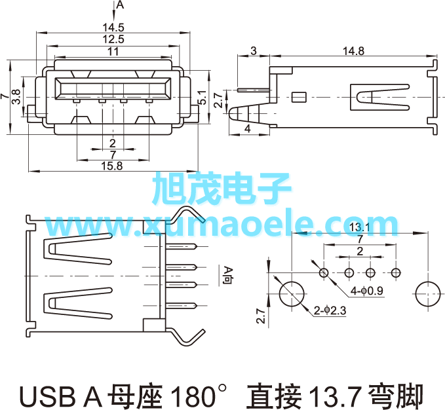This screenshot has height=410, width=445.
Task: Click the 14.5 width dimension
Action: coord(113,28)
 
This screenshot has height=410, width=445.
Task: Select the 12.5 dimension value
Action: coord(113,39)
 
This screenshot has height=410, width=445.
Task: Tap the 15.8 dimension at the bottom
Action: coord(112,166)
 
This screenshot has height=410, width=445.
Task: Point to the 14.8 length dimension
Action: coord(353,51)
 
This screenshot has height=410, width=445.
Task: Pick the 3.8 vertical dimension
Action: coord(16,97)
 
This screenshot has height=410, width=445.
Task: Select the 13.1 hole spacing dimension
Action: coord(360,227)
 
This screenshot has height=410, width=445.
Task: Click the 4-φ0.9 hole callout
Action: coord(366,291)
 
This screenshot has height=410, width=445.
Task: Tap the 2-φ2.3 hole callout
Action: coord(330,310)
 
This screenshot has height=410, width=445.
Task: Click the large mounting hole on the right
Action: coord(428,294)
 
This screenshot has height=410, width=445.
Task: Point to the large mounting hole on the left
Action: coord(292,294)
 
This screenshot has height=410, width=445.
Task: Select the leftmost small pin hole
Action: coord(324,273)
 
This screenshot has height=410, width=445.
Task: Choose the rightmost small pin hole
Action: coord(396,273)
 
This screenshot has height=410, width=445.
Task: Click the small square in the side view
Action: coord(299,97)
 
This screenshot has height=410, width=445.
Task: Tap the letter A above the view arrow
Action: coord(121,5)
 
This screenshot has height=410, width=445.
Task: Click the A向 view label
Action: coord(228,276)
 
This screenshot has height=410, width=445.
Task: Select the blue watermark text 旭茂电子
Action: coord(222,188)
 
